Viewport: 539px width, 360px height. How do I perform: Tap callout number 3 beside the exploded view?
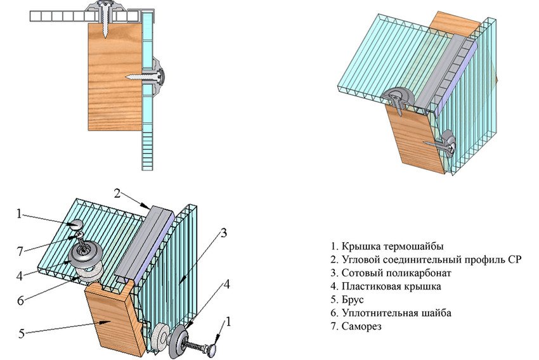[x=223, y=233]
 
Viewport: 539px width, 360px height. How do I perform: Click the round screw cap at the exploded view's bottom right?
[x=218, y=345]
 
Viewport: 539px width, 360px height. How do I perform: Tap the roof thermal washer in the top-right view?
[x=401, y=97]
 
